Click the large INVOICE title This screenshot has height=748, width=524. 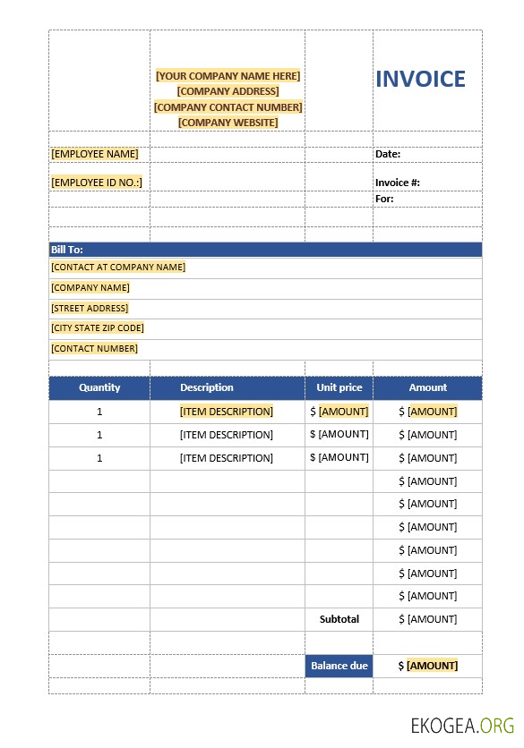420,80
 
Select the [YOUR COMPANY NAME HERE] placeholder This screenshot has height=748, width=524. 228,76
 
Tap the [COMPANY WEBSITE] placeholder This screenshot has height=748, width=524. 228,123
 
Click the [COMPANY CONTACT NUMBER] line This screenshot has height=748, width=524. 228,107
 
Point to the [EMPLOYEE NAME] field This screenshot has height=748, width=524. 95,154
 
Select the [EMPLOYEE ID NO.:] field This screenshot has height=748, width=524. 97,183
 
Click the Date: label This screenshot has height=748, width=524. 388,154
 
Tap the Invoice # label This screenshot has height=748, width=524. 398,183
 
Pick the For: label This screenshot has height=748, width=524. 384,199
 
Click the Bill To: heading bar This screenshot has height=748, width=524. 265,250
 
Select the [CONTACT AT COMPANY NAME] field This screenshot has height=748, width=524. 118,267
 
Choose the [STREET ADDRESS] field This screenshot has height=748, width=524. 90,308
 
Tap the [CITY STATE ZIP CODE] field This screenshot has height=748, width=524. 98,328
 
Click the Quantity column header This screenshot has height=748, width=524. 99,387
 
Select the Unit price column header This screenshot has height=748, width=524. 339,387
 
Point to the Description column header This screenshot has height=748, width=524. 207,387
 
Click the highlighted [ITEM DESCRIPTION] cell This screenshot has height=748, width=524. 227,412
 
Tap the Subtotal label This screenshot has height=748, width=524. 339,619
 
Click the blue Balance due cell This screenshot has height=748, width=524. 339,666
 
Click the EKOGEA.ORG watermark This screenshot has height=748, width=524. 463,725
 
